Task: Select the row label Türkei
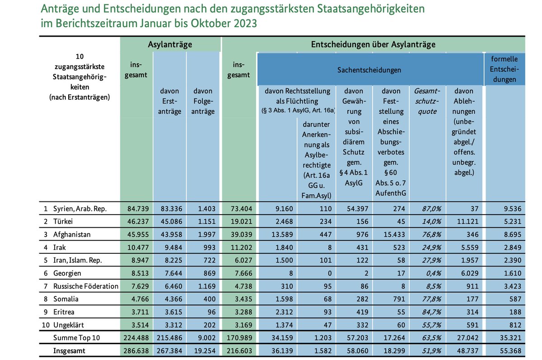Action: pos(63,222)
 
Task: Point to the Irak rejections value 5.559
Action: pos(465,248)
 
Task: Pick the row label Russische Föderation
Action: pos(85,286)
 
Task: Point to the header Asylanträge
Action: pos(170,44)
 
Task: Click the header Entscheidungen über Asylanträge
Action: pos(373,44)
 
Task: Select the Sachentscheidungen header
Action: pos(369,70)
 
